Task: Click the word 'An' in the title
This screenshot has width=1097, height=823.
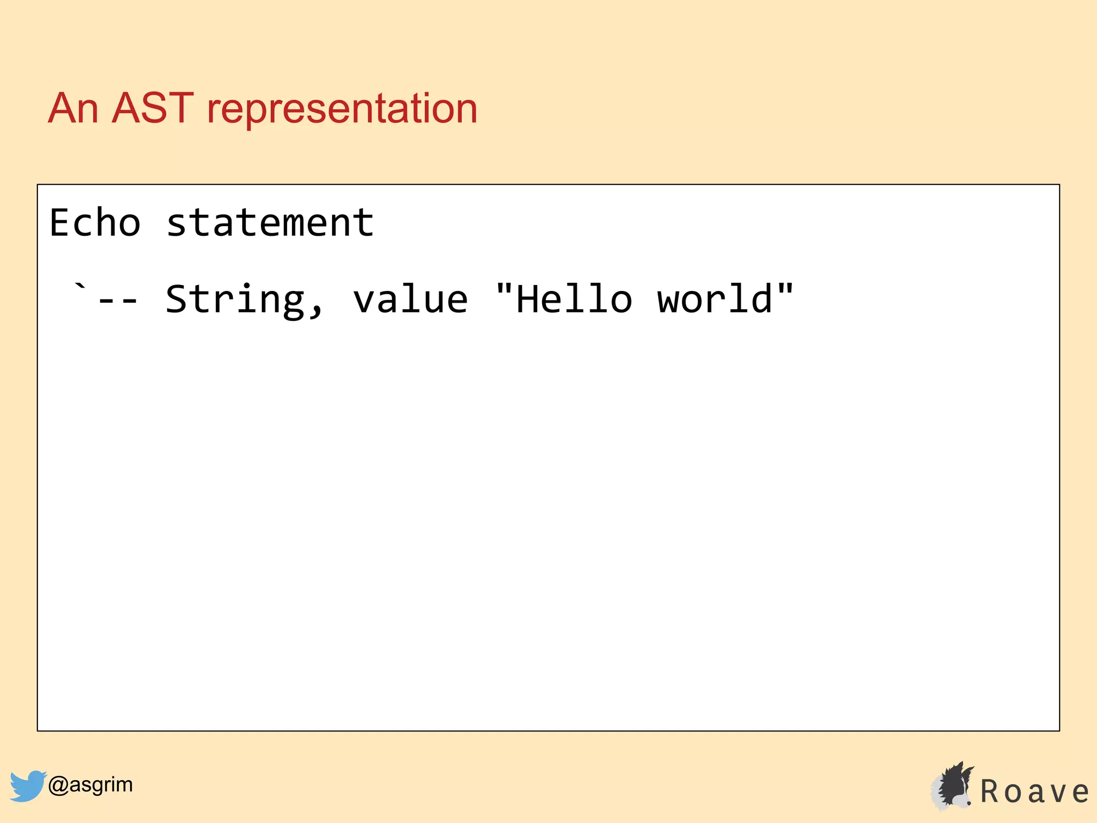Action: click(73, 109)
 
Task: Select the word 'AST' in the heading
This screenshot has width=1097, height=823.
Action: click(152, 109)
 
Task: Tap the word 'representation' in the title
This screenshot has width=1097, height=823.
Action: click(342, 110)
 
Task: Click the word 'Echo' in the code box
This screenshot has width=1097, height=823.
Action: click(95, 223)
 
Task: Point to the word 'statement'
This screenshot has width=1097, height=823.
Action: click(269, 223)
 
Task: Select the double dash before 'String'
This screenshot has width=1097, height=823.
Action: click(118, 301)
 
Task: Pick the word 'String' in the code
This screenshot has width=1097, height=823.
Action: click(235, 300)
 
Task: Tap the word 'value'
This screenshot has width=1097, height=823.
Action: click(410, 300)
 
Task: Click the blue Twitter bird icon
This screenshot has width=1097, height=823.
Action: click(27, 785)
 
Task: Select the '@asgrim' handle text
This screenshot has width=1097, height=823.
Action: click(90, 785)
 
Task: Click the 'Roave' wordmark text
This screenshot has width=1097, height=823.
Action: click(1034, 792)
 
